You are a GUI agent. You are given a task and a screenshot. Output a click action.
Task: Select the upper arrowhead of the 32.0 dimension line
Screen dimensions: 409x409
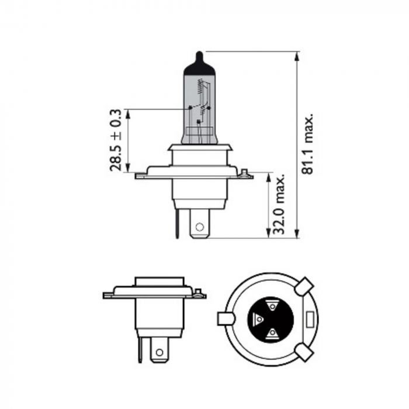coord(270,176)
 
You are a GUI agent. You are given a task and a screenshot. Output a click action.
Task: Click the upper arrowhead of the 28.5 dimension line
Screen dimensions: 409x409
coord(129,112)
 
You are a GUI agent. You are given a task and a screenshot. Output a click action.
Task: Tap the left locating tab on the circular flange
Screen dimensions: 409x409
coord(226,318)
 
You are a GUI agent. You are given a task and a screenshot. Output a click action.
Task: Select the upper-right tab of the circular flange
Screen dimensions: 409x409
coord(304,287)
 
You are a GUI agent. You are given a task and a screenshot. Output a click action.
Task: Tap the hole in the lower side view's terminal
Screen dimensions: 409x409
coord(158,352)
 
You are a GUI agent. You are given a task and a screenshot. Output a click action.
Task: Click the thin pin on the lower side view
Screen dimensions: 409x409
coord(140,350)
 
